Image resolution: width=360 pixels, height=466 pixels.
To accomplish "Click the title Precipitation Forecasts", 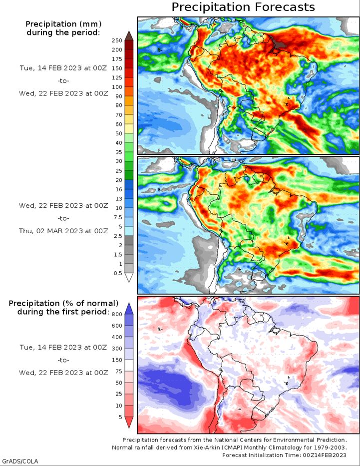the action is [x=243, y=7].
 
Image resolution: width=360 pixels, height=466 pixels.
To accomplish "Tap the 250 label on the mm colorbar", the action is [x=117, y=41].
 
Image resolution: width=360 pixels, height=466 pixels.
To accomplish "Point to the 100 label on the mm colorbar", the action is [x=117, y=87].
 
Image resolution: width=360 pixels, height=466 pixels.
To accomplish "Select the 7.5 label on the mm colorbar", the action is [x=118, y=217].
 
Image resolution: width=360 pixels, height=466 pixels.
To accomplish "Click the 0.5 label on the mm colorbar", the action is [x=118, y=273].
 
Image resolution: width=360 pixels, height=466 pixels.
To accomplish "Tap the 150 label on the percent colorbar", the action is [x=117, y=360].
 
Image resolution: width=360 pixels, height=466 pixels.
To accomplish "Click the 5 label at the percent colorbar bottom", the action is [x=120, y=417].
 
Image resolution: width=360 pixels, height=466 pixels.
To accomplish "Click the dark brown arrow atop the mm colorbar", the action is [x=129, y=35].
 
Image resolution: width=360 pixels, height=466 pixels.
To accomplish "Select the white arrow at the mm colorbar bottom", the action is [x=129, y=278].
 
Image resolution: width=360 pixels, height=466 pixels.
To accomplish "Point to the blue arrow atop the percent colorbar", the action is [x=129, y=309].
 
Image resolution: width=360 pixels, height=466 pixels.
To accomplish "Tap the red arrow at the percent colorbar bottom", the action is [x=129, y=423].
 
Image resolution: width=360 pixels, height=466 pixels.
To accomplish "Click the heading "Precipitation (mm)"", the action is [x=63, y=24].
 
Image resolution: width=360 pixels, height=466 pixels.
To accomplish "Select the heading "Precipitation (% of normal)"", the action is [x=63, y=303].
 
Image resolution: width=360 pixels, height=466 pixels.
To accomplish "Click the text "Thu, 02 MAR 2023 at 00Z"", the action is [x=63, y=231].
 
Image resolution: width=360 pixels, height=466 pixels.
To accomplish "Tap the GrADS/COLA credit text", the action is [x=20, y=462].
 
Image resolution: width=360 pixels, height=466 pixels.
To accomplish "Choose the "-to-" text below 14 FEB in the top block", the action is [x=63, y=80].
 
